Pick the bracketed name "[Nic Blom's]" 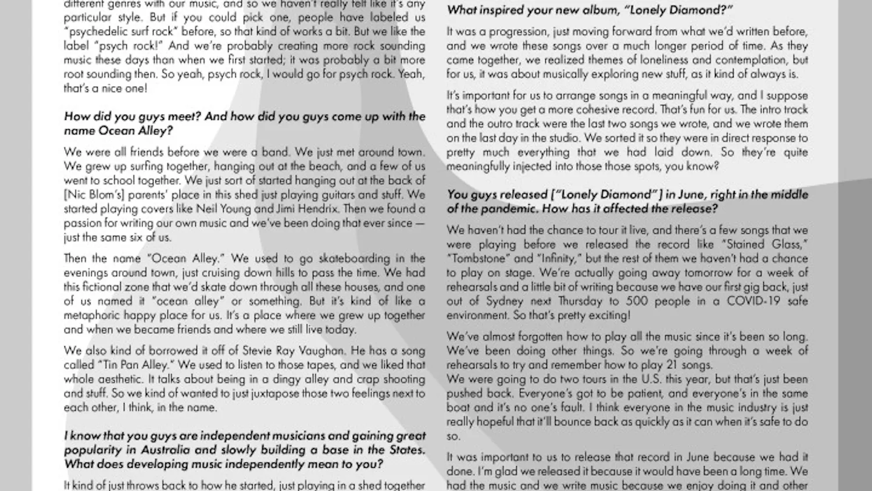tap(94, 195)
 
